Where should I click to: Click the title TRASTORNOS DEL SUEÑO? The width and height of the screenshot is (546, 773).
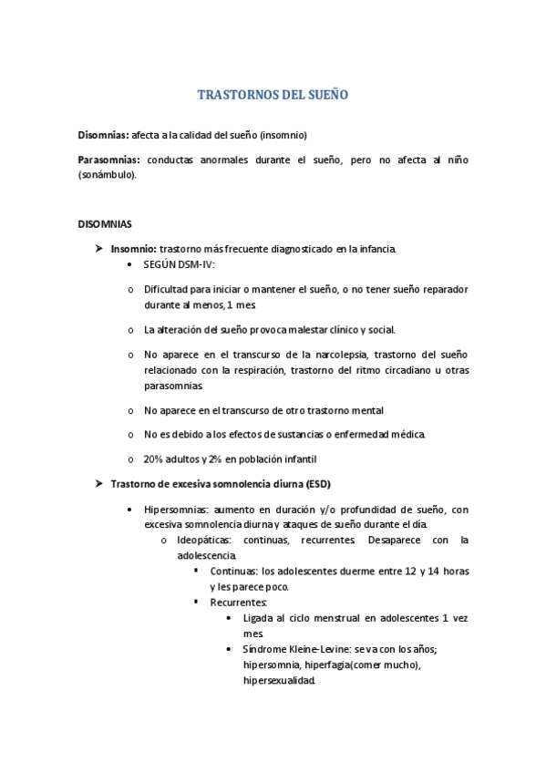273,95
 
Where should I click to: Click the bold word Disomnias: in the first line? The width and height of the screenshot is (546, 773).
103,135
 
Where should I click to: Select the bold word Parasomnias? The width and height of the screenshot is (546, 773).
108,160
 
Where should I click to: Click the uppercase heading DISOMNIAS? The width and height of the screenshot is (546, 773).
105,223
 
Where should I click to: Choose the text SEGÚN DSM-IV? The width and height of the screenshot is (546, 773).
179,263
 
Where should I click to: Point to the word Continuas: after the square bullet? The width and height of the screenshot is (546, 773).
233,572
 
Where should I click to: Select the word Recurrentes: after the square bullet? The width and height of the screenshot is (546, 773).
238,603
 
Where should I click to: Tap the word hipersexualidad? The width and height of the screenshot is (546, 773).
279,679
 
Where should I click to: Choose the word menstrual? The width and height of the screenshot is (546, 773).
331,618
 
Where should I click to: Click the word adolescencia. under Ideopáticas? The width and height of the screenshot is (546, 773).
206,555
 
